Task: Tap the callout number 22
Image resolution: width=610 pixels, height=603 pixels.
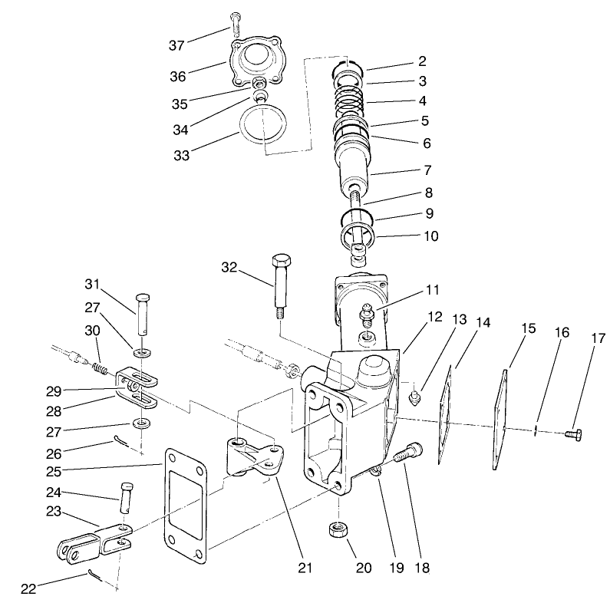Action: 28,588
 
